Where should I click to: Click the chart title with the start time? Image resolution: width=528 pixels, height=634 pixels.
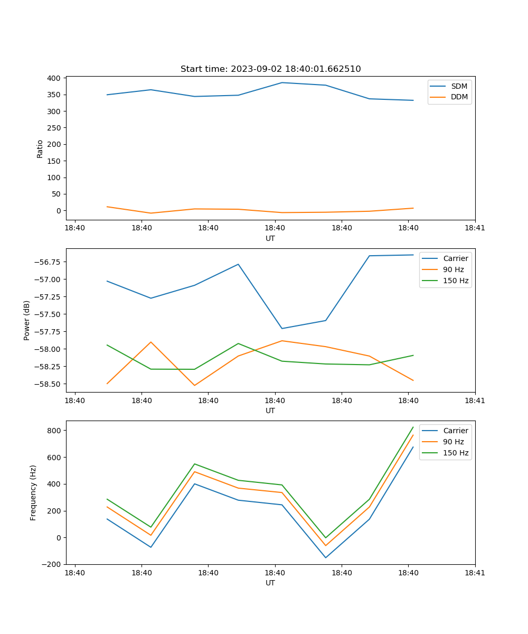(270, 69)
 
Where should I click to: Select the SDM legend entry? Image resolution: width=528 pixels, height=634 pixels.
(459, 86)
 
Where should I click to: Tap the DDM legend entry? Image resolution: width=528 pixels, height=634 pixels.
(459, 97)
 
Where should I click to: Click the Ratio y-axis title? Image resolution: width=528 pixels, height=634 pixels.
(40, 148)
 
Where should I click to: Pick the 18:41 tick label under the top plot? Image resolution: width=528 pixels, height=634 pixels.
(475, 228)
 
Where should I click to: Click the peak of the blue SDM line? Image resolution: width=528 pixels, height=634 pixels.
(281, 82)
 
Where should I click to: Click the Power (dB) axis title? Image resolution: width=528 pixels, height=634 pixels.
(27, 320)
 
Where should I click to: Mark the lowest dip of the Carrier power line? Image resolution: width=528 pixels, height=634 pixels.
(281, 329)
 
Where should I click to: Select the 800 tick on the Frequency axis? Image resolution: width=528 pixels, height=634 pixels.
(55, 431)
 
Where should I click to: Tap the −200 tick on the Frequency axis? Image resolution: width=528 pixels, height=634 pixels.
(52, 564)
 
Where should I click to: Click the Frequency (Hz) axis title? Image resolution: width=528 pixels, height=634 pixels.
(33, 492)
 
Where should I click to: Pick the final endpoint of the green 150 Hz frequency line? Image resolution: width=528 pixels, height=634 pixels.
(413, 427)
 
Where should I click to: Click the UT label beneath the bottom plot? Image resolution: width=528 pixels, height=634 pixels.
(270, 583)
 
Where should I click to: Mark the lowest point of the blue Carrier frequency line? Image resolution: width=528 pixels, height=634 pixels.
(325, 557)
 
